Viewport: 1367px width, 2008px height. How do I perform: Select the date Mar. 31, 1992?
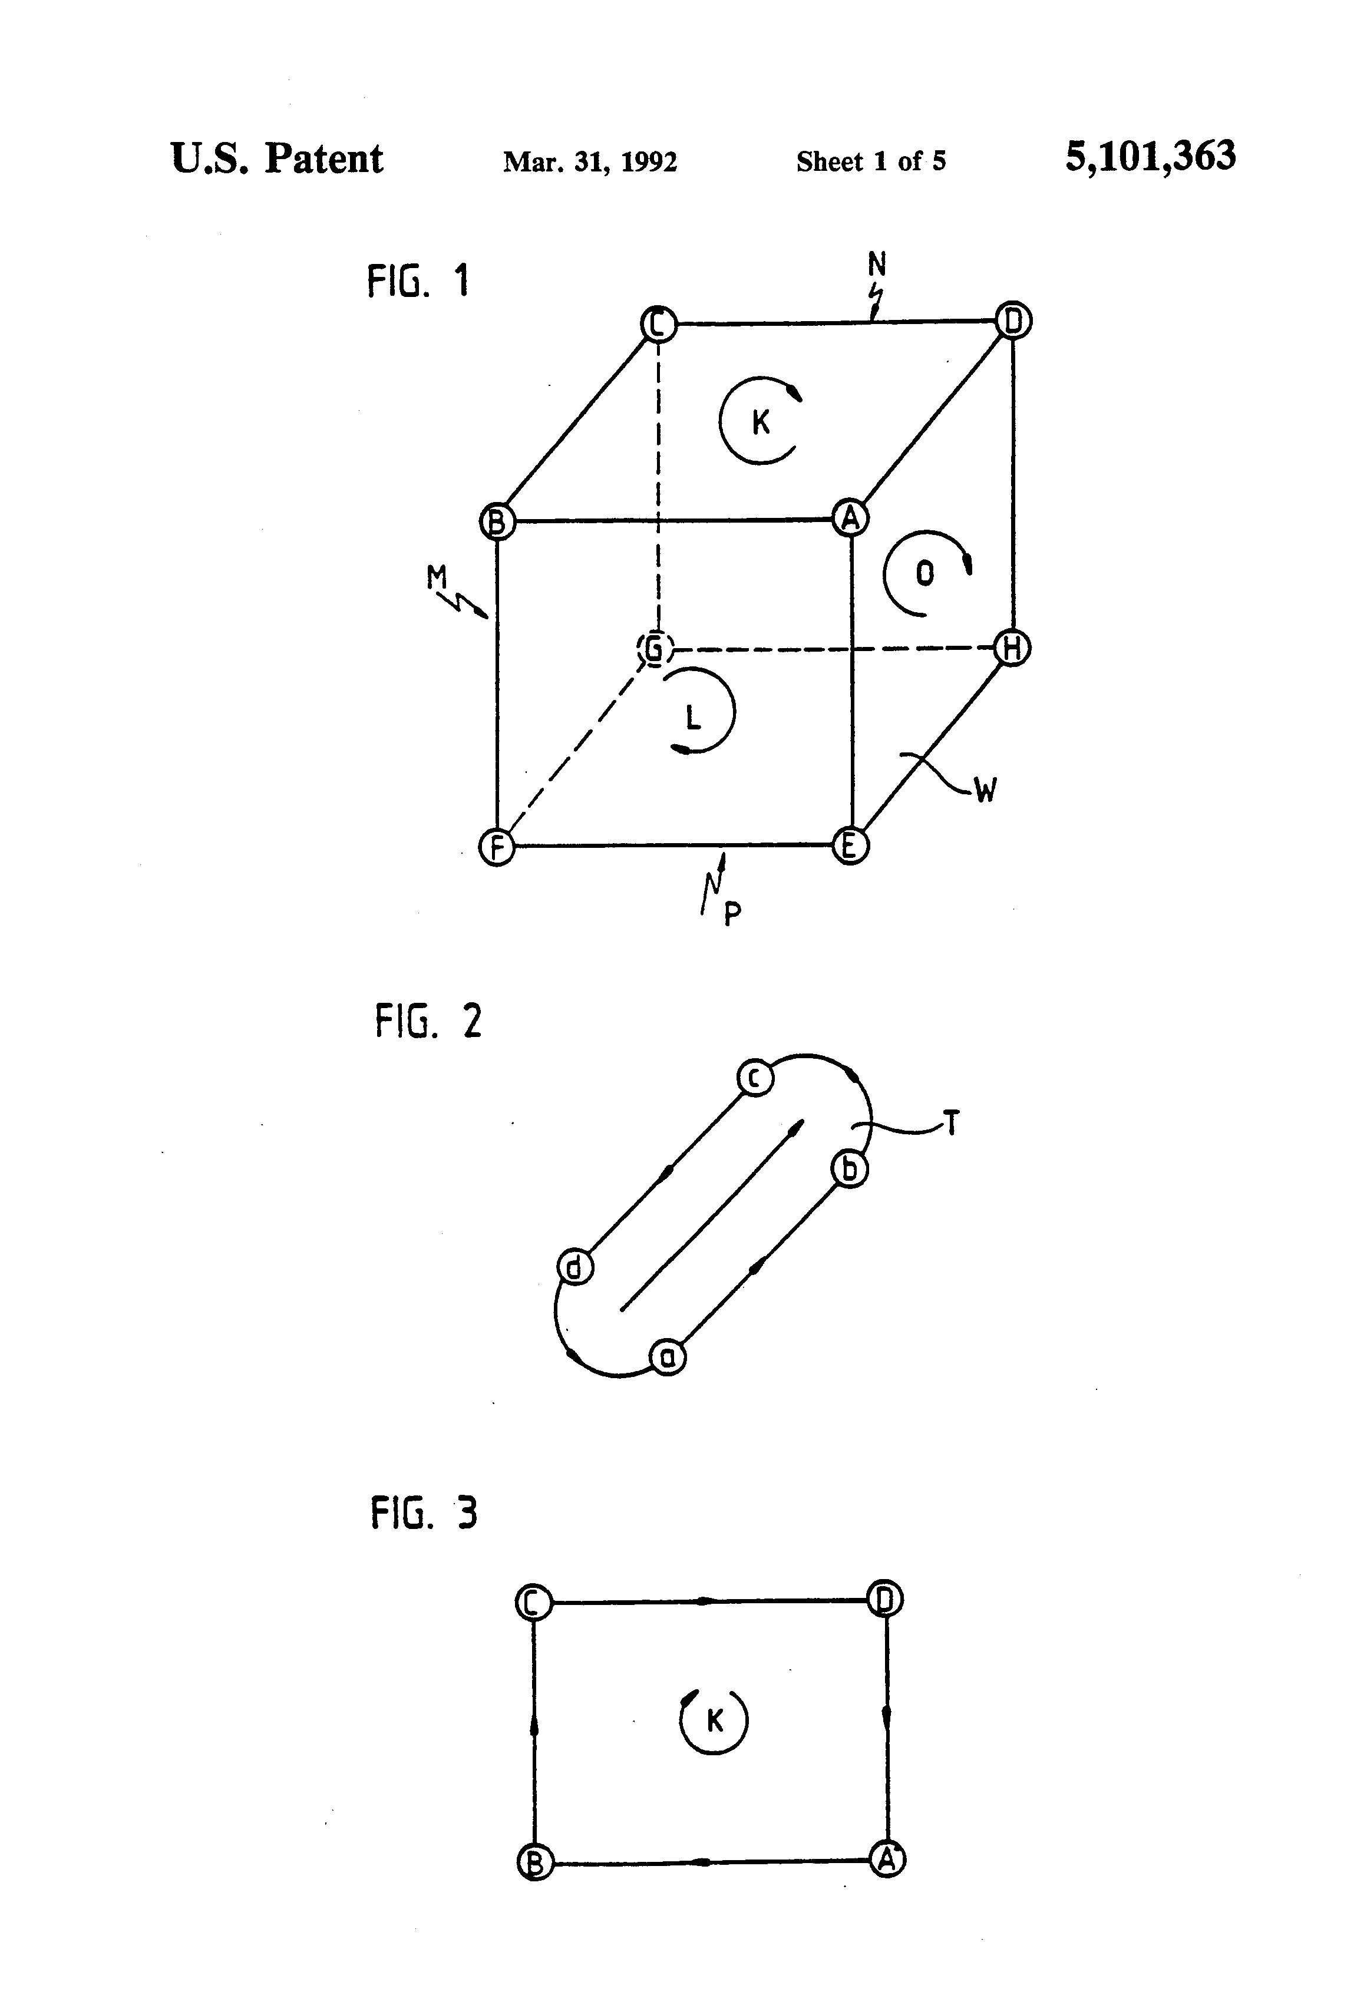pos(590,161)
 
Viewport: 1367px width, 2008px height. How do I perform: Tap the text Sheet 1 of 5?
pos(870,161)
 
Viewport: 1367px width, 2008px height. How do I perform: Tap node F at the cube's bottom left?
pos(497,847)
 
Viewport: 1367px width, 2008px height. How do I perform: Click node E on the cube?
pos(850,845)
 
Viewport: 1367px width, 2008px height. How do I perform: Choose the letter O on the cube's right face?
pos(924,573)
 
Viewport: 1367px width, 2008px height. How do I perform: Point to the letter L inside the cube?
pos(692,716)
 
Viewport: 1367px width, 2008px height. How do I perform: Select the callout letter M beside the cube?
pos(437,576)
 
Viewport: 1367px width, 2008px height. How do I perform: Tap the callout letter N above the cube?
pos(877,263)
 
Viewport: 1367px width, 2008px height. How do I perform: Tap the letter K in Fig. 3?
pos(715,1721)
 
